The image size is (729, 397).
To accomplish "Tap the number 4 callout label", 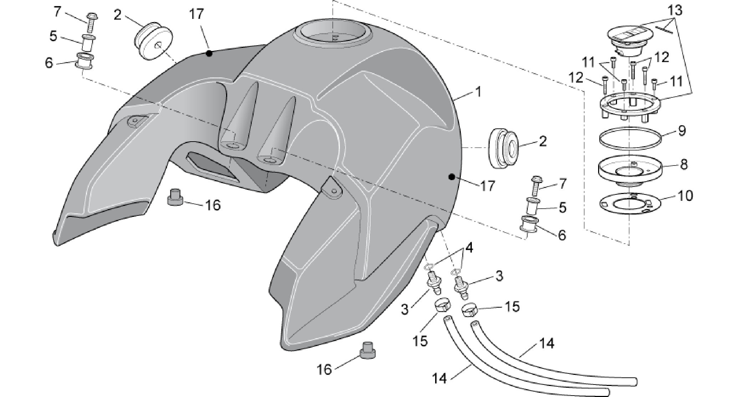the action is point(469,248).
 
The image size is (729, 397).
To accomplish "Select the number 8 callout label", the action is point(684,164).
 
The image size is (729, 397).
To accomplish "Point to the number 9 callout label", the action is point(682,131).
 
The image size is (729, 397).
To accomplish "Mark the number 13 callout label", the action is point(675,10).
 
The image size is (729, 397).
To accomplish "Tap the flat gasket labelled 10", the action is point(629,204).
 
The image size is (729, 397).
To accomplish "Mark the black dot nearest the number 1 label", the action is point(452,177).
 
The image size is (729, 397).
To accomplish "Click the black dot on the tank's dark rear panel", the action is point(209,54).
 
